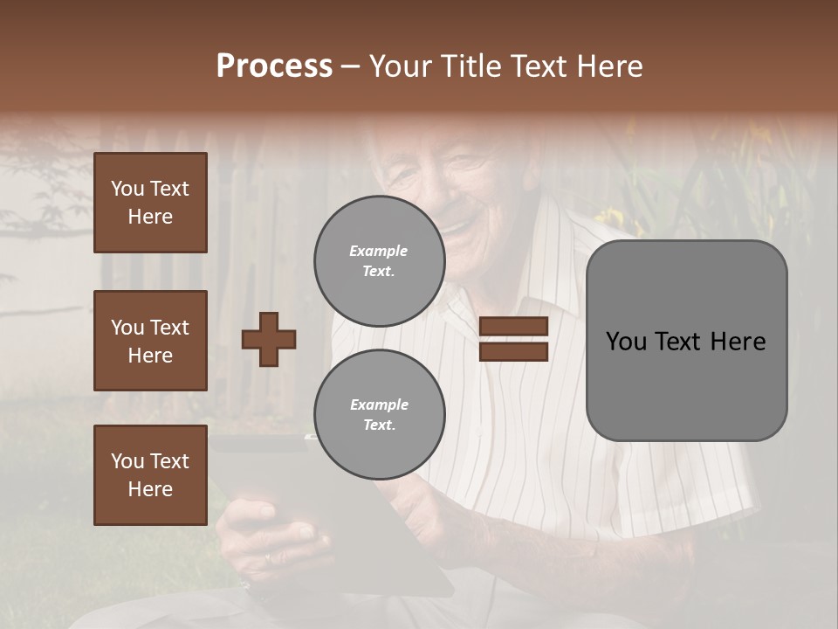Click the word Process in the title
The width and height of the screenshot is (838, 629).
274,66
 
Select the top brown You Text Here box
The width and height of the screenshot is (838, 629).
150,203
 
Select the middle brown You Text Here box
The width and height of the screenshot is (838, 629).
150,341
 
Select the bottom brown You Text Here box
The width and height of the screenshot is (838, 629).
150,475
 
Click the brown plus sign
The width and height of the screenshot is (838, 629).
269,339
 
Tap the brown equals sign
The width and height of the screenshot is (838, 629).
513,339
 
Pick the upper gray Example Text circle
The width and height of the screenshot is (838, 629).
379,261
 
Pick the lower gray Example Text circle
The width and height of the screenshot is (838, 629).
379,414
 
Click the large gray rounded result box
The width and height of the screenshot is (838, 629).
686,341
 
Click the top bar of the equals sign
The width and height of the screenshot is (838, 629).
513,327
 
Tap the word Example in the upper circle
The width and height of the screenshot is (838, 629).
379,251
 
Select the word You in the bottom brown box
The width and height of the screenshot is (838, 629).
127,461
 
